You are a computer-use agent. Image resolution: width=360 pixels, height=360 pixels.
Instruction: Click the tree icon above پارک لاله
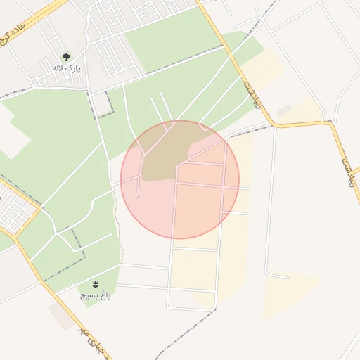[x=67, y=57]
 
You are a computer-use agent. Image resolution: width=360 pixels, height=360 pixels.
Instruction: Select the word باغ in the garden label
[x=105, y=296]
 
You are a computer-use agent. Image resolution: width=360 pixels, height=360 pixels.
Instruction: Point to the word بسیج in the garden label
[x=88, y=296]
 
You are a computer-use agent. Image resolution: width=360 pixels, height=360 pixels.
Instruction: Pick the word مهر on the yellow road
[x=82, y=331]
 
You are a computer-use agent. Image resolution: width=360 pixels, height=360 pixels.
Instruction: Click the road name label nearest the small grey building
[x=249, y=92]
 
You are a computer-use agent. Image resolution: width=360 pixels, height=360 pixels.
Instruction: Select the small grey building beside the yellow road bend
[x=284, y=111]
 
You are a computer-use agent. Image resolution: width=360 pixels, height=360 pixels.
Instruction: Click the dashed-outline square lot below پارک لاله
[x=103, y=103]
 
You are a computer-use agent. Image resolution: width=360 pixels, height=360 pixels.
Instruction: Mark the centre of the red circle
[x=180, y=179]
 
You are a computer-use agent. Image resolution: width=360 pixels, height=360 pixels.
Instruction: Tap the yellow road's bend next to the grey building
[x=275, y=124]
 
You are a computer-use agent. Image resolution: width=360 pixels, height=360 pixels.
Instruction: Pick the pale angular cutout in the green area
[x=13, y=136]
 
